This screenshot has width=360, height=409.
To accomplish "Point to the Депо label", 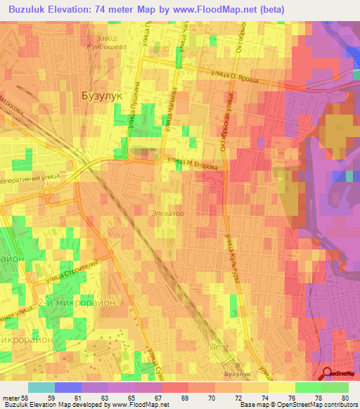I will point(220,346).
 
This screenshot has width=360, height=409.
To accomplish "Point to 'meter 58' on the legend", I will point(15,398).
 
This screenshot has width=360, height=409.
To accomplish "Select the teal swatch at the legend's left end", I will point(41,387).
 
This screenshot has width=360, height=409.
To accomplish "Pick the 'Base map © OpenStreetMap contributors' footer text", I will point(298,405).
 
